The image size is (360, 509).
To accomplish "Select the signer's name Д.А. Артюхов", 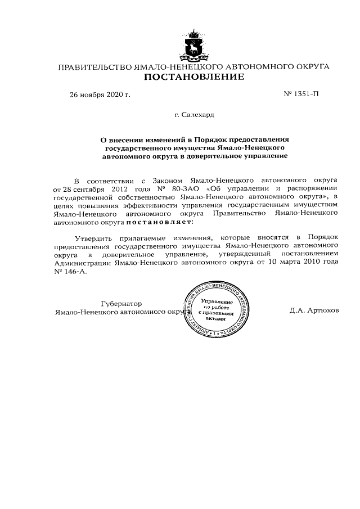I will (315, 310).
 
